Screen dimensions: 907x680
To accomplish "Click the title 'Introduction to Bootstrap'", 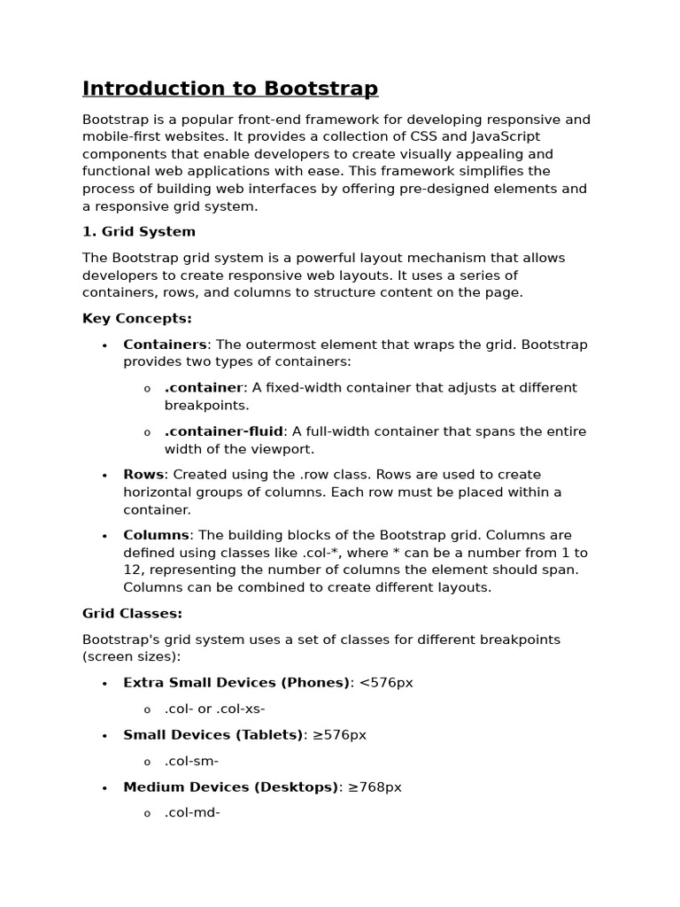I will tap(230, 89).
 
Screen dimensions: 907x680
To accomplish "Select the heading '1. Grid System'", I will tap(139, 232).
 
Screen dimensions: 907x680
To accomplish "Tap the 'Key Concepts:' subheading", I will tap(137, 319).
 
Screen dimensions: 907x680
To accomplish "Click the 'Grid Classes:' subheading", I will tap(133, 614).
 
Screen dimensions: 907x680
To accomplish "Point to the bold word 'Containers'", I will tap(165, 345).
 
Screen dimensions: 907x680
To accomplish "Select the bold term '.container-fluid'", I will tap(223, 431).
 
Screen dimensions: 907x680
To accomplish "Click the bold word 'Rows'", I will tap(143, 475).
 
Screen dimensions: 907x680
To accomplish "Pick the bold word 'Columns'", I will tap(156, 535).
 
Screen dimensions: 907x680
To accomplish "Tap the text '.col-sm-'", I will tap(191, 761).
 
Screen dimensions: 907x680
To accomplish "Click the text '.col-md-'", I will tap(192, 812).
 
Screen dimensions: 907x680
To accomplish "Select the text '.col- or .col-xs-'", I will tap(214, 709).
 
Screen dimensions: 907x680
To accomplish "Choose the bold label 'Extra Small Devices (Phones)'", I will tap(236, 683).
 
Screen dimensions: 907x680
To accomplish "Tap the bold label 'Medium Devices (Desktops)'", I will tap(231, 787).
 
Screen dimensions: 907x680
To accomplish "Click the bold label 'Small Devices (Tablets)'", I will tap(212, 735).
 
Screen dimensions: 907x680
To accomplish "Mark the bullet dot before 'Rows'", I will tap(104, 476).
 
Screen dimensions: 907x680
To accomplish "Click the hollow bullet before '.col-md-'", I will tap(147, 814).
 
